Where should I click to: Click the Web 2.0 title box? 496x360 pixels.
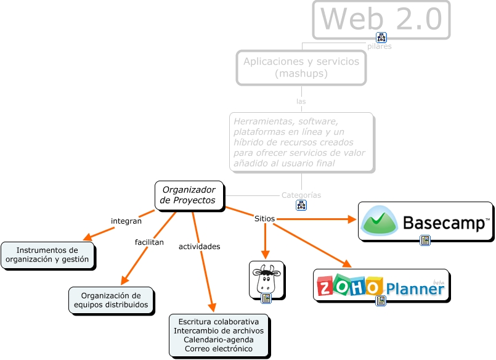coord(381,19)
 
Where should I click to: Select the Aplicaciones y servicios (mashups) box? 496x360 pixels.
coord(301,67)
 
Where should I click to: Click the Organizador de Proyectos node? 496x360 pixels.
coord(188,195)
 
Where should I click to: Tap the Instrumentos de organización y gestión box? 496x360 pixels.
coord(48,255)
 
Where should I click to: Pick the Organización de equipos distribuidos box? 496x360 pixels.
coord(111,300)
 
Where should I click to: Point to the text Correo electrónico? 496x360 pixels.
coord(218,349)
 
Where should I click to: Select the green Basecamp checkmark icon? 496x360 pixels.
coord(380,221)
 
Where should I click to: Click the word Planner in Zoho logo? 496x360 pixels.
coord(415,290)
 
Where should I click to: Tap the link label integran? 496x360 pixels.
coord(126,221)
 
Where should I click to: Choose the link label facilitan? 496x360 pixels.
coord(149,242)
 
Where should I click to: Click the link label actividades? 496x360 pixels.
coord(199,247)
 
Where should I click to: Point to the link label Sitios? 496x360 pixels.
coord(264,218)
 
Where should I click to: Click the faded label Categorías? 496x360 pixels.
coord(301,195)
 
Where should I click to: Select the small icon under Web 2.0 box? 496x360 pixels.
coord(381,38)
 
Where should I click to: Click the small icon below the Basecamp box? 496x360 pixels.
coord(425,240)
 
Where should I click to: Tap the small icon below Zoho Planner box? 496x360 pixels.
coord(381,301)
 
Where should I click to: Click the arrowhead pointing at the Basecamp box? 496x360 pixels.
coord(352,219)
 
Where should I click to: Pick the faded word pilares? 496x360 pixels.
coord(379,46)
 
